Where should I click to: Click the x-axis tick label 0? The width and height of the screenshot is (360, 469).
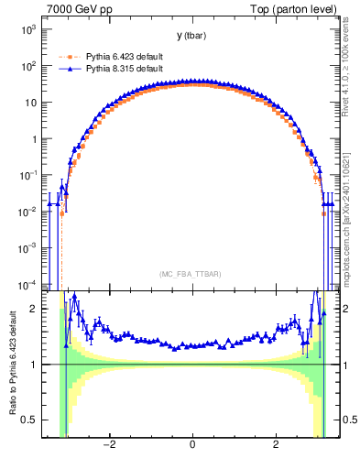(x=192, y=445)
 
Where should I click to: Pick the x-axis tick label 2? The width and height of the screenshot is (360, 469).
(x=277, y=445)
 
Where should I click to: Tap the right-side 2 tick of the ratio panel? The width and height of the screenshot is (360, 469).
(x=345, y=309)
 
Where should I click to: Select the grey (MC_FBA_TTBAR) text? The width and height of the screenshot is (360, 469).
(x=192, y=274)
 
